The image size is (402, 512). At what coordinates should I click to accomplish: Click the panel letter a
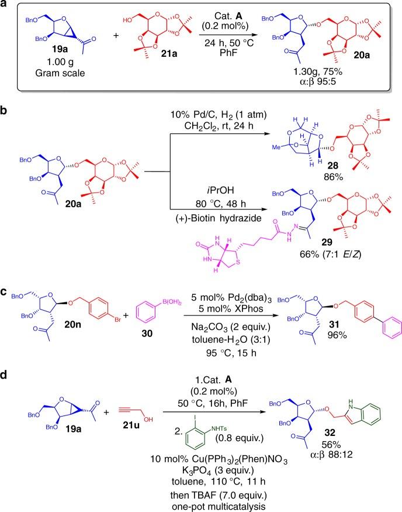click(x=5, y=6)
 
